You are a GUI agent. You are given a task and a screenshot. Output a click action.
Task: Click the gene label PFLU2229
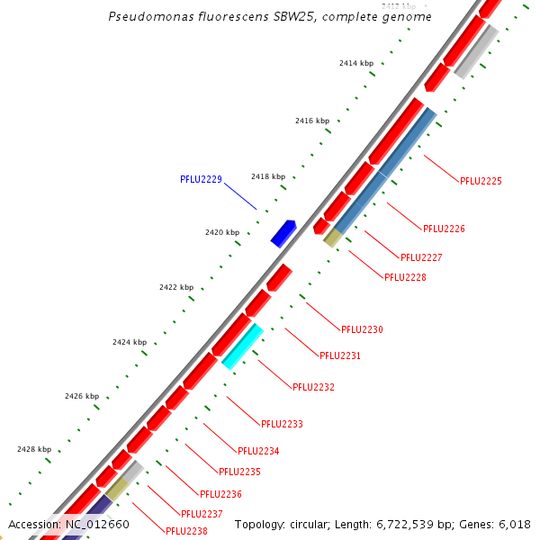click(x=201, y=179)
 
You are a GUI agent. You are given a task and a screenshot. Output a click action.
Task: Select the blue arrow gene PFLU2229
click(x=283, y=232)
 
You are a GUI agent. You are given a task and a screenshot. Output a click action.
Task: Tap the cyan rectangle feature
click(x=242, y=346)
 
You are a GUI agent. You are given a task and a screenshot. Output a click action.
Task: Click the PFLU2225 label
click(x=481, y=181)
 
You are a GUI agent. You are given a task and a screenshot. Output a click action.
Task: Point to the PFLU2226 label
click(x=444, y=229)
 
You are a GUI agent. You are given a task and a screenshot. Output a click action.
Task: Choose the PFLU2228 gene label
click(x=405, y=277)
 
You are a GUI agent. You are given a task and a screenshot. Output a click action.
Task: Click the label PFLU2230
click(x=362, y=329)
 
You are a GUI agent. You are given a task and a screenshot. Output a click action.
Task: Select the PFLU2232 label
click(x=313, y=387)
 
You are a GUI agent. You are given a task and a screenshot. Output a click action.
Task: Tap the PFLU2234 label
click(x=258, y=451)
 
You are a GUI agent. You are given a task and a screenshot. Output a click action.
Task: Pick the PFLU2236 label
click(x=220, y=494)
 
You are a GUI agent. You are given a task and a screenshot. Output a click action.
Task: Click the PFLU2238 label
click(x=186, y=531)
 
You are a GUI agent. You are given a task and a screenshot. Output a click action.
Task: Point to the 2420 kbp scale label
click(x=222, y=232)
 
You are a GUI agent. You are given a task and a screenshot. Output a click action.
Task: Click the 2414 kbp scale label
click(x=356, y=63)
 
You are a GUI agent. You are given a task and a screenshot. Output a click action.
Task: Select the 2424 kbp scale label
click(x=130, y=342)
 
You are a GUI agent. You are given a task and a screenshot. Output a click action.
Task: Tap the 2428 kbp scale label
click(x=34, y=449)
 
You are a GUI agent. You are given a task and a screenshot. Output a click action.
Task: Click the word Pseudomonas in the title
click(x=143, y=17)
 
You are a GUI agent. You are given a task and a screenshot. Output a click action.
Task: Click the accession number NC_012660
click(x=97, y=524)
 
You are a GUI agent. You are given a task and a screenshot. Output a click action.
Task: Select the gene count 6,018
click(x=513, y=524)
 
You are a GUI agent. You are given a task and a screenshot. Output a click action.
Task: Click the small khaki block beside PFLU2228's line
click(x=332, y=238)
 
